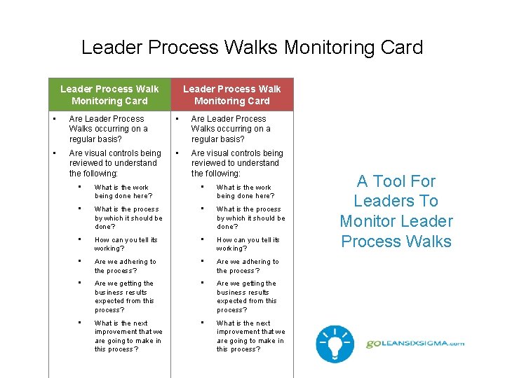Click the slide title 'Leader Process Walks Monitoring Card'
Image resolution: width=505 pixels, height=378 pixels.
click(x=252, y=48)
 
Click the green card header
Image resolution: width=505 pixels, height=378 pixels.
click(x=109, y=94)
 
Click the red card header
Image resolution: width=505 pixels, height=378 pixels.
click(x=231, y=94)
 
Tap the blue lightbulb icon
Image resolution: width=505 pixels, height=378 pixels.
click(x=335, y=343)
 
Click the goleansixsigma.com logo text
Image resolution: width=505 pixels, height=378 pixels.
click(x=415, y=343)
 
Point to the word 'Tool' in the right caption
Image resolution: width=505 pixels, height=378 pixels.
click(x=396, y=181)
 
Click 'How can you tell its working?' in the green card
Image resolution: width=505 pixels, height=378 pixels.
click(x=126, y=244)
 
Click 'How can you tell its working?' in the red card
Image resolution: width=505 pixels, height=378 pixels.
click(x=248, y=244)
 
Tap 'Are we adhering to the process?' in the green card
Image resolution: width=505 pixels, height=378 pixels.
click(x=125, y=266)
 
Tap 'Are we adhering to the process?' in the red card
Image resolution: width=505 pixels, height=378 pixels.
click(x=247, y=266)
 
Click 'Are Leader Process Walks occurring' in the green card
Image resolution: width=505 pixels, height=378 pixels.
click(x=108, y=129)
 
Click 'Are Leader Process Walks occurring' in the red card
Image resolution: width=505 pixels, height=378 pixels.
click(x=230, y=129)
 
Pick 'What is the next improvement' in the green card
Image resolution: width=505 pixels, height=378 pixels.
click(x=128, y=336)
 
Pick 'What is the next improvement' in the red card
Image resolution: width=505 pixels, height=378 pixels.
click(x=250, y=336)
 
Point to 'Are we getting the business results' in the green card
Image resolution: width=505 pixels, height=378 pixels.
click(x=123, y=296)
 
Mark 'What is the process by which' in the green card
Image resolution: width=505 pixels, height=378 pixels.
click(x=128, y=218)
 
